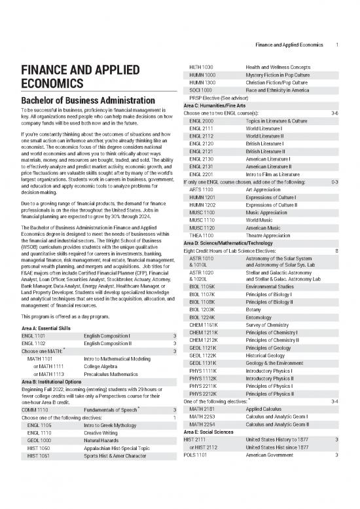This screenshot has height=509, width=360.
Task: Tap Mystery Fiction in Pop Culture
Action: coord(282,75)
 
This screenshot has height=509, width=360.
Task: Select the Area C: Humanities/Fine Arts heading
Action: coord(223,106)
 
